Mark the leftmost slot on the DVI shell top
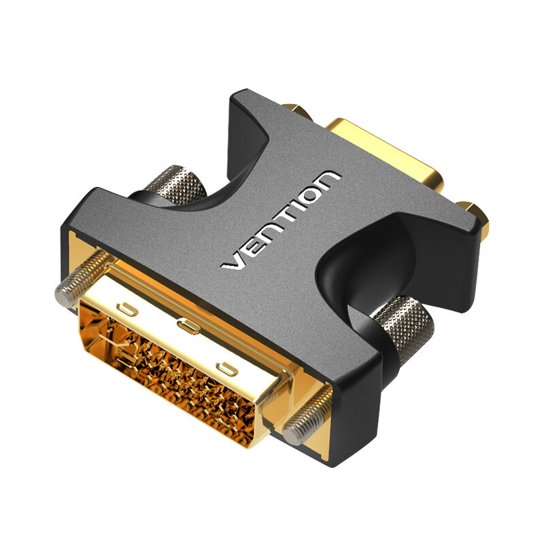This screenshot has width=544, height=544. [126, 310]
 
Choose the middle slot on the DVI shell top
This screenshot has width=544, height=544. [188, 327]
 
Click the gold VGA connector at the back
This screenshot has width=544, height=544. [388, 153]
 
